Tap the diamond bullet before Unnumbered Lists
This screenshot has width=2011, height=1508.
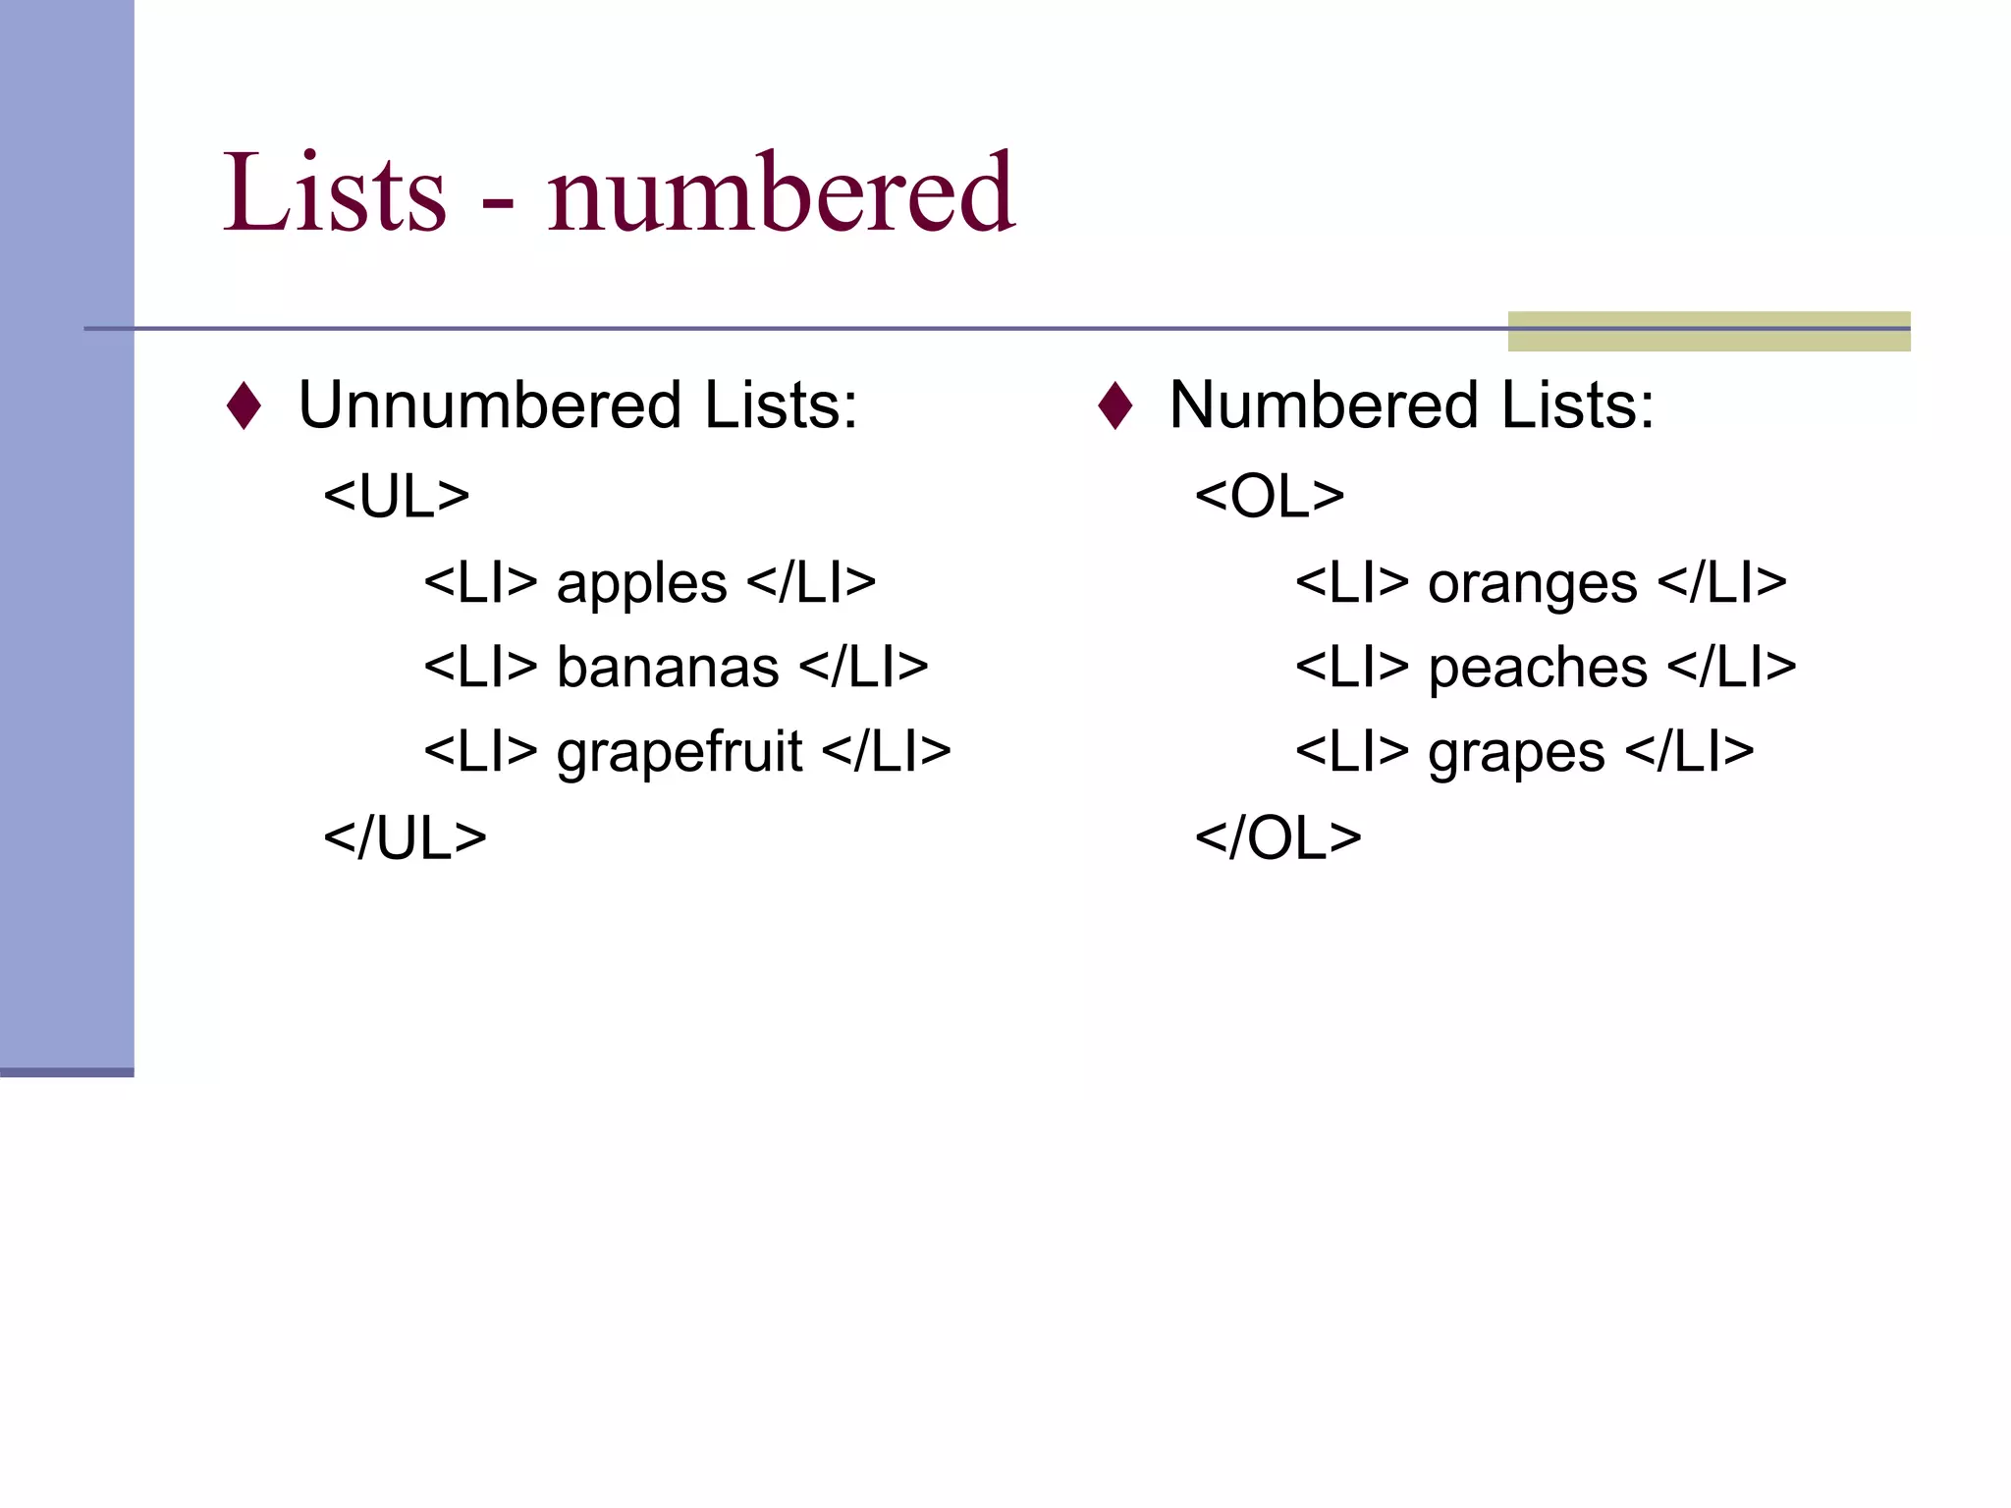[244, 405]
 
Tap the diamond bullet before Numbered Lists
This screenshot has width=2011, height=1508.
[1115, 405]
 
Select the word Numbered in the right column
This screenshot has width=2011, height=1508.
[1324, 404]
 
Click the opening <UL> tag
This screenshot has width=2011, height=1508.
[397, 496]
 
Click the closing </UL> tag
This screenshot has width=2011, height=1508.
[405, 837]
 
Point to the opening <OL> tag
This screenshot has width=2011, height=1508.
[1270, 496]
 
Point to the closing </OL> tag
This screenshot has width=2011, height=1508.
[1277, 837]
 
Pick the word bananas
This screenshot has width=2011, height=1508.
[668, 668]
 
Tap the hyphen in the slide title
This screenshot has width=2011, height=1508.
[498, 206]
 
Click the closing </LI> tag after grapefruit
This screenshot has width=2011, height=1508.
[887, 752]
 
